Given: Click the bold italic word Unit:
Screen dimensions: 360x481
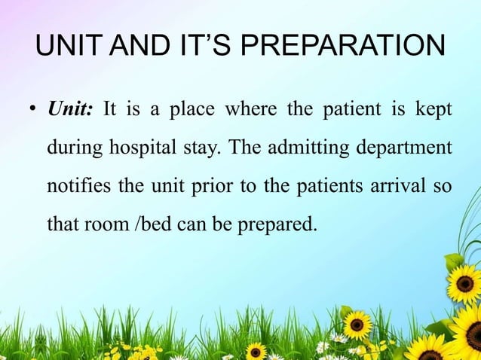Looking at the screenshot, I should pos(71,110).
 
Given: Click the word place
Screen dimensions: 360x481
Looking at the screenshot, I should pos(191,110).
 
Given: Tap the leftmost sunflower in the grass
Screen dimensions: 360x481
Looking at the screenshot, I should pos(256,351).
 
